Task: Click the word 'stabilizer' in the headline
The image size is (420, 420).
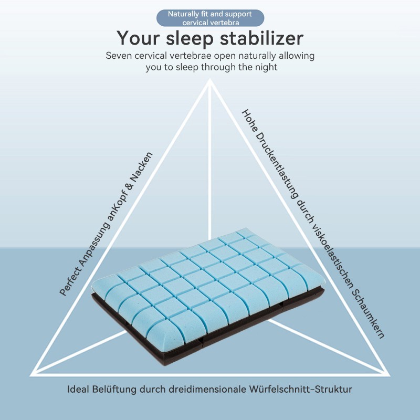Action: pos(261,38)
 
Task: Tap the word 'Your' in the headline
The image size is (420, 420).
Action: pos(138,38)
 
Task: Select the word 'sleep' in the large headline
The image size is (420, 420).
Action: pos(190,39)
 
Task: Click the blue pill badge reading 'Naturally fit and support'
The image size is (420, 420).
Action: pos(211,18)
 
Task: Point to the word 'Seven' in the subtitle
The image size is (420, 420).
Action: pos(119,56)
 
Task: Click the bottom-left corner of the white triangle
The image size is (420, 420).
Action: pos(31,375)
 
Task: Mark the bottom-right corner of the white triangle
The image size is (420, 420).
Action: pos(389,375)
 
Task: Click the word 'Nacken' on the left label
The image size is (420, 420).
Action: pos(141,168)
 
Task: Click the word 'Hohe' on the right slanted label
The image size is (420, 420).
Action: pos(249,120)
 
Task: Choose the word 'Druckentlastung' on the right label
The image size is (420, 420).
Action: pos(277,166)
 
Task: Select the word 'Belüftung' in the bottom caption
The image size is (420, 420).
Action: pos(114,390)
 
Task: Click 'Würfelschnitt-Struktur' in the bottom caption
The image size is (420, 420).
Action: pos(300,389)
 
